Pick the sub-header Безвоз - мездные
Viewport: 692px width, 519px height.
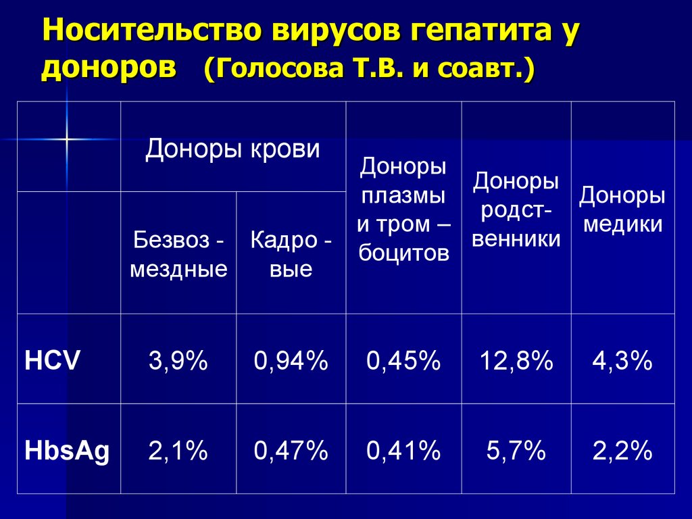[x=178, y=254]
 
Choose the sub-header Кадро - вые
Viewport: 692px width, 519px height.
[x=291, y=254]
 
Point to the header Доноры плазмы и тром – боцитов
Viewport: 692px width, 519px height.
[x=403, y=209]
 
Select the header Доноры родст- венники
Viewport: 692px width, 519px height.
[x=516, y=209]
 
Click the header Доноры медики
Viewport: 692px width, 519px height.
[x=622, y=209]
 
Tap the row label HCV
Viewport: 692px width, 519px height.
[x=53, y=361]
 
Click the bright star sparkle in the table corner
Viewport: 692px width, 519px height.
[x=67, y=139]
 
